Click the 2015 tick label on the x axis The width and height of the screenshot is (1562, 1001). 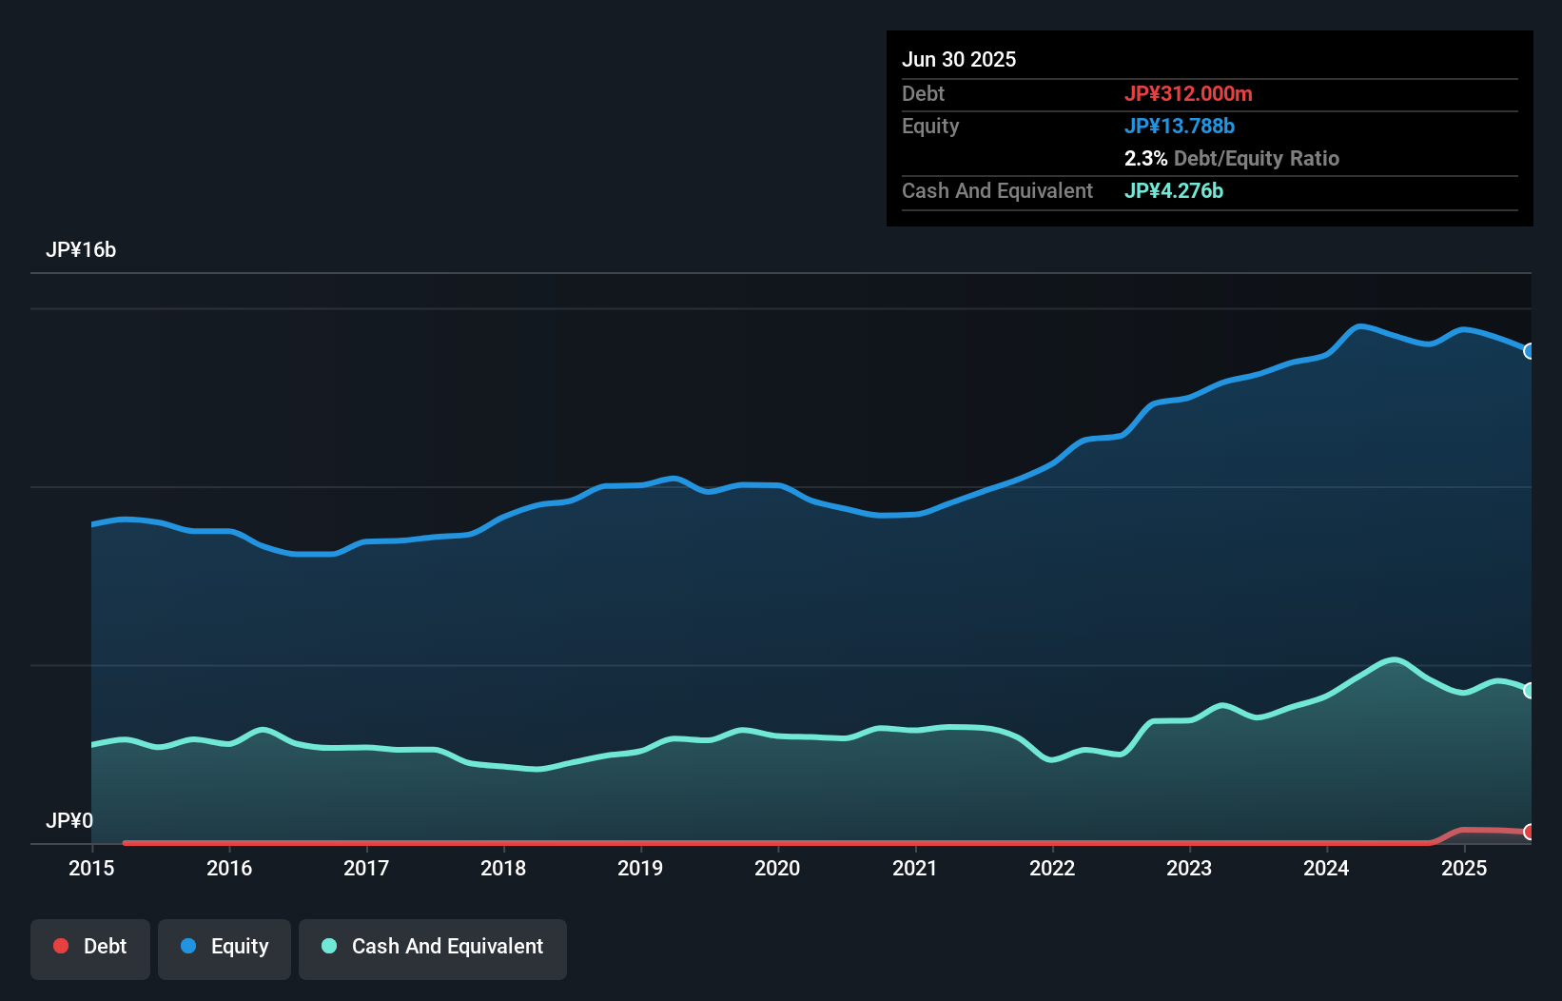(91, 868)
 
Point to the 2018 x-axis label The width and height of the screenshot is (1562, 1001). (503, 868)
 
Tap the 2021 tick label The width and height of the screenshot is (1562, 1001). (915, 868)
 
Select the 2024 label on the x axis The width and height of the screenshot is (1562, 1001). (1326, 868)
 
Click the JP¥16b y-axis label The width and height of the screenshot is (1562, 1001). (81, 250)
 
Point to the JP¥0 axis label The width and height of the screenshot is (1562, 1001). (69, 820)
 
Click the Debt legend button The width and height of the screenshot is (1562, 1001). (90, 947)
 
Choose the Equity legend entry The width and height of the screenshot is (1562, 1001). (225, 947)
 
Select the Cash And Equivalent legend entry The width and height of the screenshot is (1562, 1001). (433, 947)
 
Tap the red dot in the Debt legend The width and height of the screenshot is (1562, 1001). (61, 946)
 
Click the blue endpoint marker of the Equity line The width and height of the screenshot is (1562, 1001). (1530, 351)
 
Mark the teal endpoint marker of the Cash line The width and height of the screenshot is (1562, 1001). (1530, 690)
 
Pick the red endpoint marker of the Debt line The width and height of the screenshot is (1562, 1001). (1530, 832)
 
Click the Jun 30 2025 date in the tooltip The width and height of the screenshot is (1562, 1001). (959, 60)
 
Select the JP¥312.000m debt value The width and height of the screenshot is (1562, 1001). (1188, 93)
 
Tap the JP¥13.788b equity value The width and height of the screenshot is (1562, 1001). (1180, 126)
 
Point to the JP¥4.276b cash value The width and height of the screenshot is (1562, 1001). (1174, 190)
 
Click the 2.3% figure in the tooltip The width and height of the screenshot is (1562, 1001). (1145, 158)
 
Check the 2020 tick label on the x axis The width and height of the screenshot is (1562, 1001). (777, 868)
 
